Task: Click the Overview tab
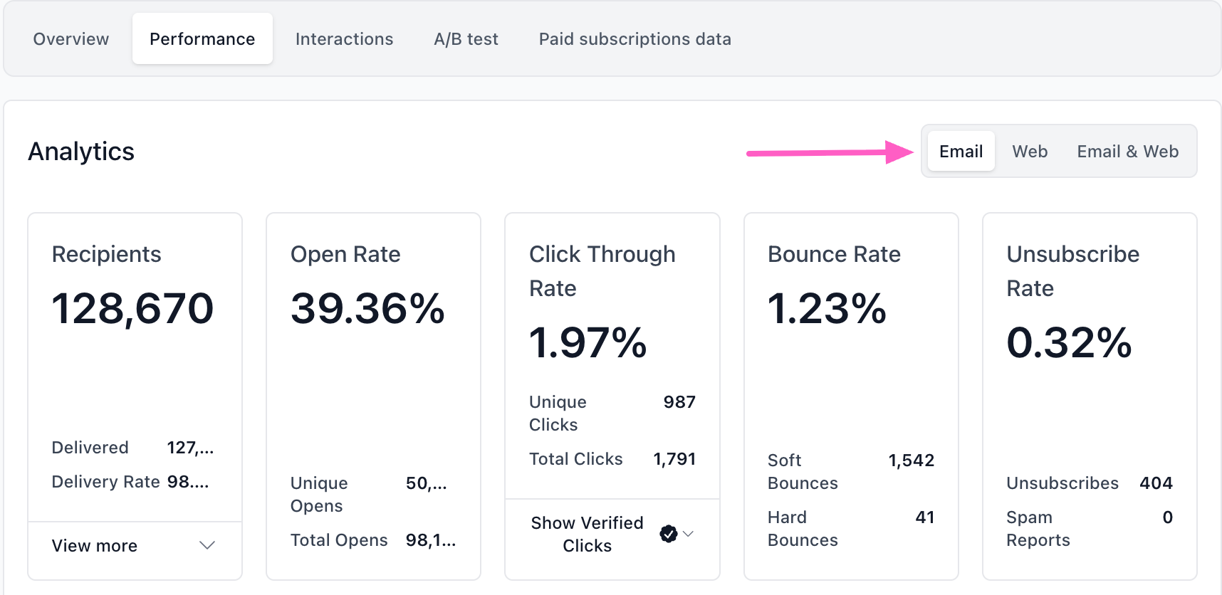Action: point(71,39)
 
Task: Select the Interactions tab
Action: point(344,39)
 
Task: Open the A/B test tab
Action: point(466,39)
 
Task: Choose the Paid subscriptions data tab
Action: point(634,39)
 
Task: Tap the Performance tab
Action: point(202,39)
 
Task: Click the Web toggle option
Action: point(1030,152)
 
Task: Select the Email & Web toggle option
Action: point(1127,152)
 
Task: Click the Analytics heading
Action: point(81,152)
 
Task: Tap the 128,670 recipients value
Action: point(132,309)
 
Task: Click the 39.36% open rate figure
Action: point(367,309)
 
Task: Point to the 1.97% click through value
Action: point(587,343)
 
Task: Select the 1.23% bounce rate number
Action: point(827,309)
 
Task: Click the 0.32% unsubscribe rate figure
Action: point(1069,343)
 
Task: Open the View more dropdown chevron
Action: point(207,546)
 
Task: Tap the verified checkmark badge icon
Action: point(668,534)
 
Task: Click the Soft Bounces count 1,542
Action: point(911,460)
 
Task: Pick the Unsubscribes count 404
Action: point(1156,483)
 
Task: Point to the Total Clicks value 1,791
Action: point(674,459)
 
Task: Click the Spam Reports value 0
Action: point(1167,517)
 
